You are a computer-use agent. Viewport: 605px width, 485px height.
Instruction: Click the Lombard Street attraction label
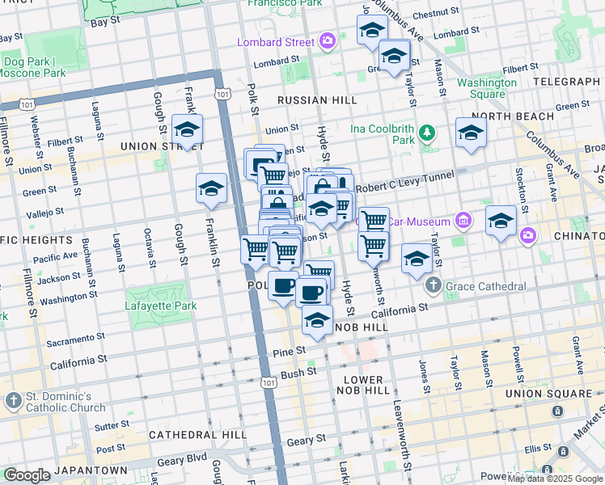pos(275,42)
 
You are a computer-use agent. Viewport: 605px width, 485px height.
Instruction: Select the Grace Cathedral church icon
pos(433,286)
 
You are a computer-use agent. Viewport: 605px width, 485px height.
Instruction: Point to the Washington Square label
pos(486,88)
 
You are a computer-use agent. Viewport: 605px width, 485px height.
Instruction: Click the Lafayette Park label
pos(161,306)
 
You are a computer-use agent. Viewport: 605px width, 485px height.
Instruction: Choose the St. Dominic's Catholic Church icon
pos(13,401)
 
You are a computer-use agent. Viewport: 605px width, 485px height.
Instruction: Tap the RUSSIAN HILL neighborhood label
pos(316,100)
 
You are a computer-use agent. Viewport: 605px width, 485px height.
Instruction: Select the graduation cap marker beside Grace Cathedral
pos(417,259)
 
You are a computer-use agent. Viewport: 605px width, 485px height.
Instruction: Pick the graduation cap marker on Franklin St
pos(211,189)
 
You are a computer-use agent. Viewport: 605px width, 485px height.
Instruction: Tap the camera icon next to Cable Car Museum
pos(463,219)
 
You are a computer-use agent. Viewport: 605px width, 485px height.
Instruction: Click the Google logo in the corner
pos(27,475)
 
